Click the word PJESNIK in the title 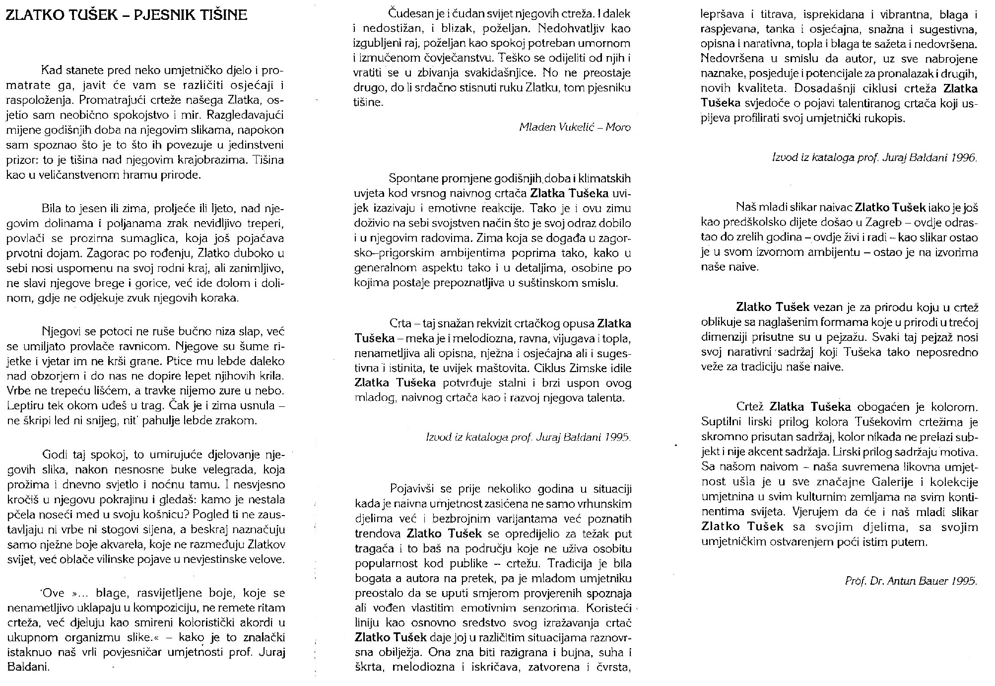(165, 14)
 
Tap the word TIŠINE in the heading (223, 14)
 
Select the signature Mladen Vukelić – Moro (575, 127)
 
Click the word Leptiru (23, 405)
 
